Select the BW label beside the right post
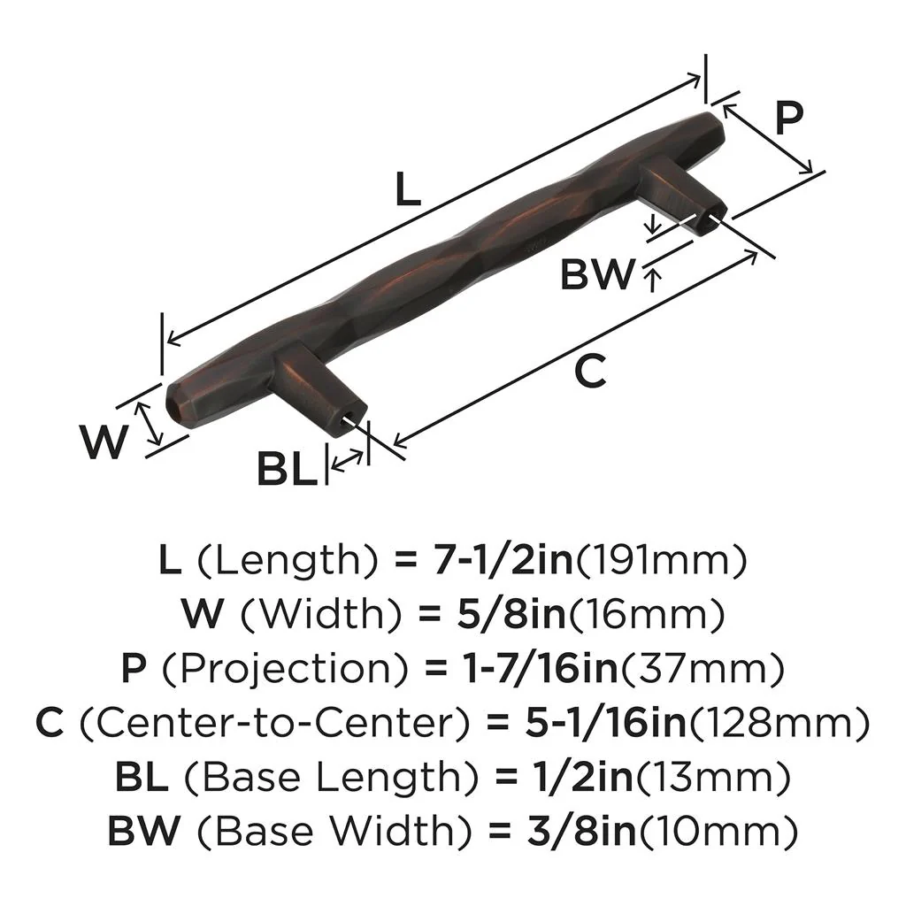(597, 274)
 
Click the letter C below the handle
(589, 371)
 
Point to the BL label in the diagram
(287, 469)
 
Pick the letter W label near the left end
(104, 441)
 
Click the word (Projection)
(280, 669)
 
